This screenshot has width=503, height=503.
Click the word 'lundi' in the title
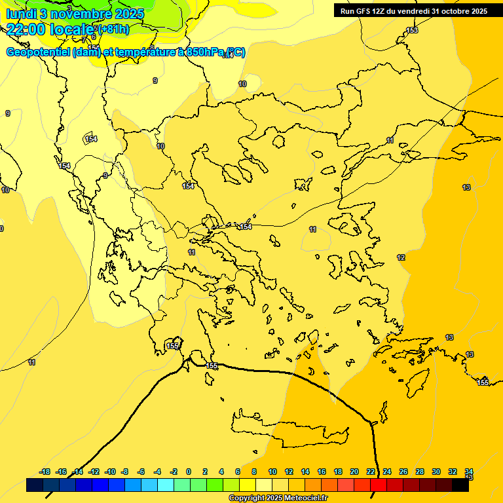(21, 13)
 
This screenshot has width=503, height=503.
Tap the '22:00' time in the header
(24, 29)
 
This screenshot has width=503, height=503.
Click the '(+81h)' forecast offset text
(113, 29)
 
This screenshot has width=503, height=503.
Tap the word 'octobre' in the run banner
(447, 11)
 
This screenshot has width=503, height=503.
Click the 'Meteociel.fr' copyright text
(301, 498)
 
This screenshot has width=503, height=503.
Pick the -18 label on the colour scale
(45, 472)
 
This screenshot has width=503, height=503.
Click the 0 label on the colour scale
(189, 472)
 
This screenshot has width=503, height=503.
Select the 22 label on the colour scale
(371, 472)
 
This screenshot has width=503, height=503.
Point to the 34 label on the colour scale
(469, 472)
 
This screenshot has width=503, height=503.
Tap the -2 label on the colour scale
(174, 472)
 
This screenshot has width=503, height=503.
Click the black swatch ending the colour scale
(460, 485)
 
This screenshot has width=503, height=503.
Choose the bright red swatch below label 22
(379, 485)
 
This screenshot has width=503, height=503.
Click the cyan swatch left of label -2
(166, 485)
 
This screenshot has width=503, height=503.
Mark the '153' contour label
(412, 31)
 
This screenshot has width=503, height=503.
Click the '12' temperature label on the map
(401, 257)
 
